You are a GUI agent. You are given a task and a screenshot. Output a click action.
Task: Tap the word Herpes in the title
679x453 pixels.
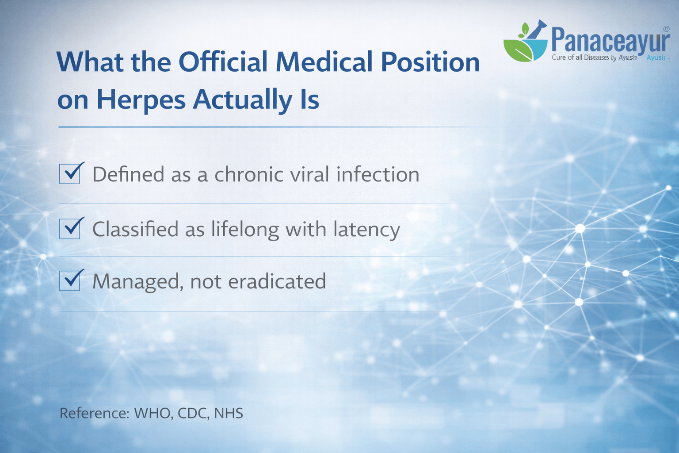click(141, 100)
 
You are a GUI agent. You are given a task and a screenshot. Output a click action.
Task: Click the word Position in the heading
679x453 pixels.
click(430, 62)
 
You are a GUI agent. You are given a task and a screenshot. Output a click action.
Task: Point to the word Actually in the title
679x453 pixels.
click(243, 100)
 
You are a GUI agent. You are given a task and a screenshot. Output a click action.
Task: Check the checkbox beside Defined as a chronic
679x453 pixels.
click(70, 173)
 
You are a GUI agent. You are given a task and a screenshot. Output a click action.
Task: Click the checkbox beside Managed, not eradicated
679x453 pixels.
click(70, 281)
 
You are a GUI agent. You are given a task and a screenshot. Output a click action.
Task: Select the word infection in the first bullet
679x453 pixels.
click(378, 174)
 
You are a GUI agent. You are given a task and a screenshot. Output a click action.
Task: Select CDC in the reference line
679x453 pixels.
click(193, 413)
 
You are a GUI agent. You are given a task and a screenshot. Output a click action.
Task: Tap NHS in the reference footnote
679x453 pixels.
click(229, 413)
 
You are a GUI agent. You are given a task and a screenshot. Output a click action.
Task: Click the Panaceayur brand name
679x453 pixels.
click(610, 40)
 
